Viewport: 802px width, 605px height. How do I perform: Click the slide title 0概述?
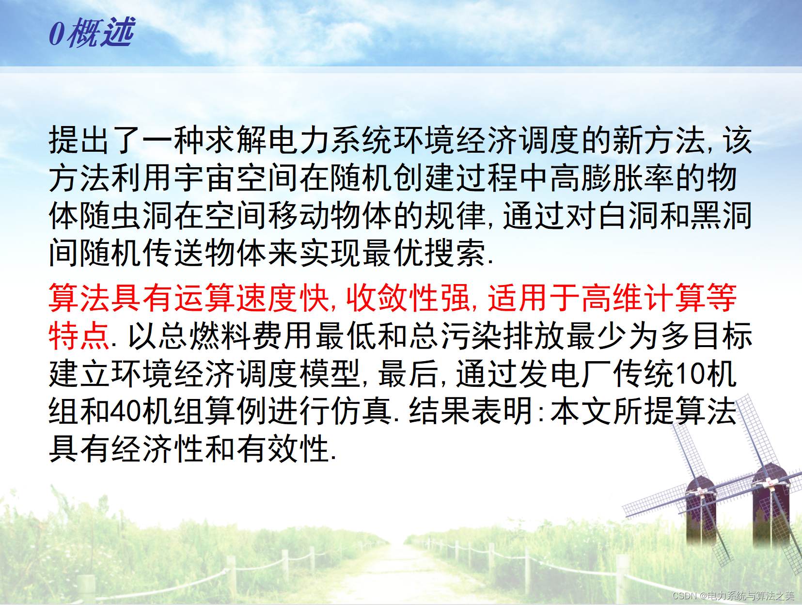click(x=92, y=32)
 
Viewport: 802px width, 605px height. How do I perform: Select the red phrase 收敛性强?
click(x=408, y=297)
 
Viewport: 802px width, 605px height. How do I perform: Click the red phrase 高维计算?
click(x=644, y=297)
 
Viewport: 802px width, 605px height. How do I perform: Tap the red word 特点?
click(x=79, y=335)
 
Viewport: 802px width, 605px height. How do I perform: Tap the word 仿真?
click(x=362, y=411)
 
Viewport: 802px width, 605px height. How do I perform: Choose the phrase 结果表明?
click(x=471, y=411)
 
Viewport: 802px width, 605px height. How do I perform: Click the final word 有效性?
click(x=283, y=448)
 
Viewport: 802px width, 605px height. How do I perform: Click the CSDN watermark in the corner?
click(x=733, y=596)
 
